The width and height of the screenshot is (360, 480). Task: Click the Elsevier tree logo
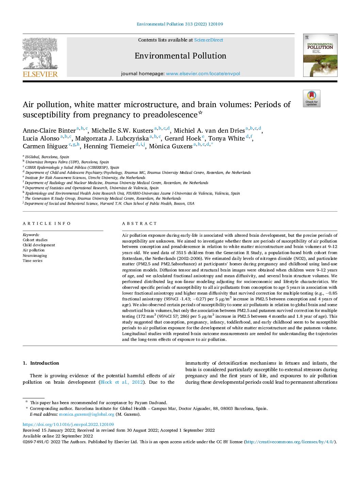40,57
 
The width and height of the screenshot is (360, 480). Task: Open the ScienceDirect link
208,40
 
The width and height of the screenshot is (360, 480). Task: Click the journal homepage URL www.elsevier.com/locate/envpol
203,73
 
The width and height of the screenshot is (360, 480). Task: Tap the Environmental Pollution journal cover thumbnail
320,55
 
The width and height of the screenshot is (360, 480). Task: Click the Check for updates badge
311,99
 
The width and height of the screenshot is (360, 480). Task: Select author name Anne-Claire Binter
49,131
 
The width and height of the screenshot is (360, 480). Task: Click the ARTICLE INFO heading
47,224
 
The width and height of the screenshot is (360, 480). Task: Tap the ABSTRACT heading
140,224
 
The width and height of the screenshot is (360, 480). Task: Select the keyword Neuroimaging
35,255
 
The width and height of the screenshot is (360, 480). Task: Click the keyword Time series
33,261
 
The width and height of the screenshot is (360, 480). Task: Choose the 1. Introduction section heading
41,363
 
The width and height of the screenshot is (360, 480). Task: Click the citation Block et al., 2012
121,382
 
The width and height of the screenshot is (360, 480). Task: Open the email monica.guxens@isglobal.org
86,414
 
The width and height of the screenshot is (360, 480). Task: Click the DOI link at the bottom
68,424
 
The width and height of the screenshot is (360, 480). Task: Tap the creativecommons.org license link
290,442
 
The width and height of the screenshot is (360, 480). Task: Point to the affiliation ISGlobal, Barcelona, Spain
47,157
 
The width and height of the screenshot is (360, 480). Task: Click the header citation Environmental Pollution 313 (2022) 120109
180,24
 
